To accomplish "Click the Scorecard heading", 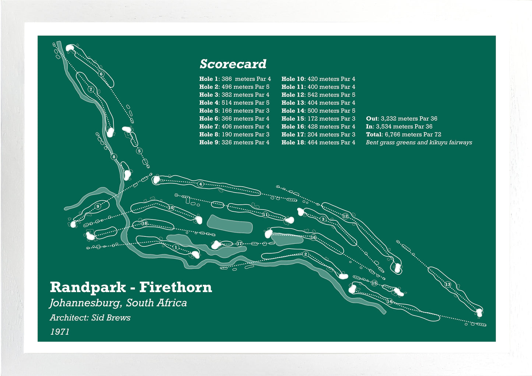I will click(x=233, y=64).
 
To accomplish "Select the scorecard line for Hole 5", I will click(x=234, y=110).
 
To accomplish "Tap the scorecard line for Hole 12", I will click(x=318, y=95).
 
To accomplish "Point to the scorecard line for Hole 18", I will click(x=318, y=142).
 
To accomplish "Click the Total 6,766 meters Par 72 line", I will click(x=404, y=134).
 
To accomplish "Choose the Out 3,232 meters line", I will click(x=402, y=119).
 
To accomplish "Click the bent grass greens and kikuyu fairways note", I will click(x=419, y=143).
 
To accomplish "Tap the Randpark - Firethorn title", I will click(x=131, y=287).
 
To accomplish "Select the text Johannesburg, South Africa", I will click(x=118, y=303).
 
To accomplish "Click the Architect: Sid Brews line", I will click(x=90, y=318).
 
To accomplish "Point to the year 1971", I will click(x=60, y=332).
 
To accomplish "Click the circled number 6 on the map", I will click(x=101, y=74).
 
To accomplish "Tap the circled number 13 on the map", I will click(x=448, y=284).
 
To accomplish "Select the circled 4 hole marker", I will click(x=200, y=184).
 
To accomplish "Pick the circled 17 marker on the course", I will click(x=240, y=243).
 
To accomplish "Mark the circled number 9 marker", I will click(x=98, y=206).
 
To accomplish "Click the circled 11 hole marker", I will click(x=265, y=215).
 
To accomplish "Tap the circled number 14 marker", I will click(x=390, y=302).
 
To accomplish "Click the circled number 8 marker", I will click(x=114, y=157).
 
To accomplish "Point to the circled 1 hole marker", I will click(x=176, y=247).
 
